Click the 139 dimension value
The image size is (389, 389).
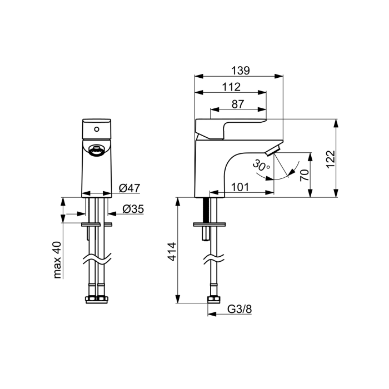pos(241,71)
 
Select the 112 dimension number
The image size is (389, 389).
pos(231,87)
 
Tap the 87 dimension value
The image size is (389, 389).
pos(238,104)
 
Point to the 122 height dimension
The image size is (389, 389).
pos(331,159)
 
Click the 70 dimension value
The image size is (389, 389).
pos(305,175)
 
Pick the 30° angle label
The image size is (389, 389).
pos(261,166)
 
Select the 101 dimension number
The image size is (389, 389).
pos(240,187)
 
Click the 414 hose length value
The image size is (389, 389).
pos(172,252)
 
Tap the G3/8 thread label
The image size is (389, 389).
pos(240,309)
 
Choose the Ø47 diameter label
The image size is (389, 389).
pos(129,188)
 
